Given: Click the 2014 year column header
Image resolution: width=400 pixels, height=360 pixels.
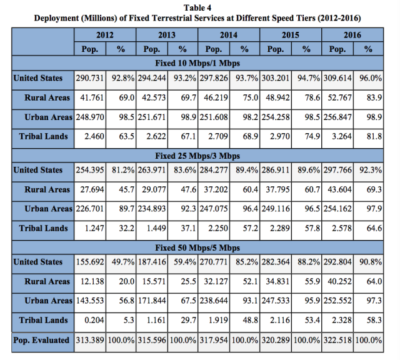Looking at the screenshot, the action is (x=229, y=35).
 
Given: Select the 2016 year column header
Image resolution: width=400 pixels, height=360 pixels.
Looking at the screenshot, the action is (x=352, y=35).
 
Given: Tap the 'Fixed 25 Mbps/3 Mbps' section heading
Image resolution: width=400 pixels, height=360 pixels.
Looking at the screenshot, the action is (x=197, y=156).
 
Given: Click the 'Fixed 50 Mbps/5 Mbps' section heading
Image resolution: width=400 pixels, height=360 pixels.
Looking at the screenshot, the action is (x=197, y=247).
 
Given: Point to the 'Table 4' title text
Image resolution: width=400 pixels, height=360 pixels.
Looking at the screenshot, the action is (x=197, y=8).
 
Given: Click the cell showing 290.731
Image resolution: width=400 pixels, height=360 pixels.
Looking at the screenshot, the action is (x=90, y=78).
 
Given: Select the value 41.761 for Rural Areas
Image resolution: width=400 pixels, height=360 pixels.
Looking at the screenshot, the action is (x=92, y=97).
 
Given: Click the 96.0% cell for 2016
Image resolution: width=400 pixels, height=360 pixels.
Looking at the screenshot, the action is (x=371, y=78).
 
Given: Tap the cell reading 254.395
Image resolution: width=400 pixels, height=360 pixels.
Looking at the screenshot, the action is (x=90, y=170).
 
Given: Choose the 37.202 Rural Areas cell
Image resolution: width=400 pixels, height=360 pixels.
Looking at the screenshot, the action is (x=216, y=189).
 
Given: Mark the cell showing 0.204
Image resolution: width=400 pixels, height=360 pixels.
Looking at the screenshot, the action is (x=94, y=320).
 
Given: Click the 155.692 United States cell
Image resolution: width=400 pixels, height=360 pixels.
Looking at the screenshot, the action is (x=90, y=262).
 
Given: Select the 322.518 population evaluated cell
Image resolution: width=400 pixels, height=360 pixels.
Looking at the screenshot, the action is (x=337, y=341).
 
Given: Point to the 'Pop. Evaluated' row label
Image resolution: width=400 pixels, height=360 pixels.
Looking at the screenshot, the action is (x=41, y=341).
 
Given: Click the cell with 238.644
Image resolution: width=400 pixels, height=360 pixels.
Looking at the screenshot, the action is (x=214, y=301).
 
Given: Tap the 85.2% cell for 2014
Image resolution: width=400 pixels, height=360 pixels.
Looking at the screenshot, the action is (x=247, y=262).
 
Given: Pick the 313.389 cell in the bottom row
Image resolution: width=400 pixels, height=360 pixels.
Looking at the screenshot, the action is (x=90, y=341).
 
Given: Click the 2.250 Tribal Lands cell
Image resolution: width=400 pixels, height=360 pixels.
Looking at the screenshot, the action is (x=218, y=228).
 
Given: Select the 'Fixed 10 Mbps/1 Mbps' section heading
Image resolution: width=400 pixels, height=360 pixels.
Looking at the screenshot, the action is (x=197, y=63).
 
